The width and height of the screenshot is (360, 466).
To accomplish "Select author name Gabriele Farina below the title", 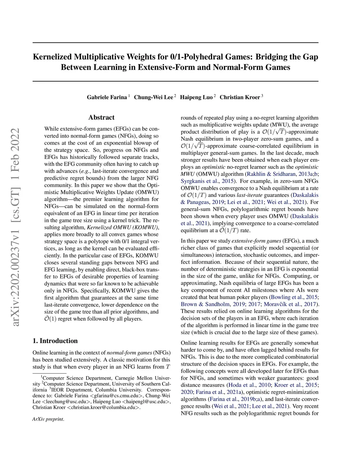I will (107, 97).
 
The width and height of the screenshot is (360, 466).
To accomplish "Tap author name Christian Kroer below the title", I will (240, 97).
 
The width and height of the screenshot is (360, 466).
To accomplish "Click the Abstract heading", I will (101, 117).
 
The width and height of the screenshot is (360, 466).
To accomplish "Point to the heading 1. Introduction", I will (55, 341).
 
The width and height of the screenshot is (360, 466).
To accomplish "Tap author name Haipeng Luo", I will (196, 97).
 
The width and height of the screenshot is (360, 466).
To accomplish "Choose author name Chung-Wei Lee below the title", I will (153, 97).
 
